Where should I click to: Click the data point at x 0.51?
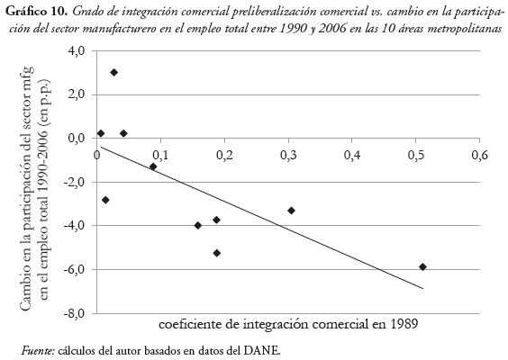tap(422, 266)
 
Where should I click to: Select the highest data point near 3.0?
tap(113, 72)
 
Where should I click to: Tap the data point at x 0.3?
tap(291, 211)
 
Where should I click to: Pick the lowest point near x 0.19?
tap(217, 253)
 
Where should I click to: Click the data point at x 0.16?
tap(198, 225)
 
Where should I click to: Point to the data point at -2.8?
tap(105, 200)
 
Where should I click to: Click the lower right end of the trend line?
tap(422, 288)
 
